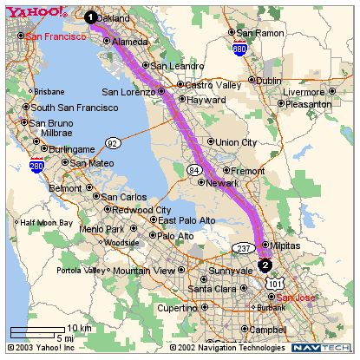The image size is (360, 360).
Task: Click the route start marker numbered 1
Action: tap(91, 16)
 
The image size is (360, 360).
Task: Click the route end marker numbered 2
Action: tap(265, 265)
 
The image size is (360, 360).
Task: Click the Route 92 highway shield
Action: tap(112, 142)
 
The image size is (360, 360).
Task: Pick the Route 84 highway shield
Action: tap(193, 170)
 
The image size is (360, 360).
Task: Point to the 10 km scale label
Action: tap(79, 328)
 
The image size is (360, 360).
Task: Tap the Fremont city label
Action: tap(248, 171)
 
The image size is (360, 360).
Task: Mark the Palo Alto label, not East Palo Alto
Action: tap(176, 235)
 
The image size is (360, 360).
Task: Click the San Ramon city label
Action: tap(260, 33)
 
